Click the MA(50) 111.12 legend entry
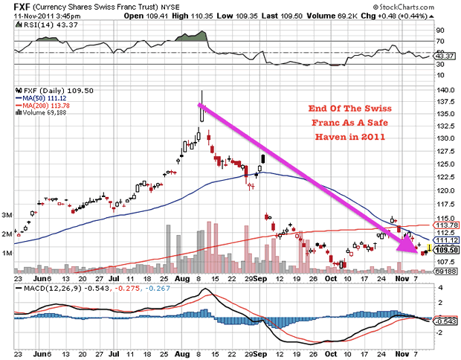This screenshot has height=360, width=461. [45, 97]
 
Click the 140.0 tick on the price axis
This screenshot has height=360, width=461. [445, 91]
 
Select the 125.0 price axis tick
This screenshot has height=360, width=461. [445, 152]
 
